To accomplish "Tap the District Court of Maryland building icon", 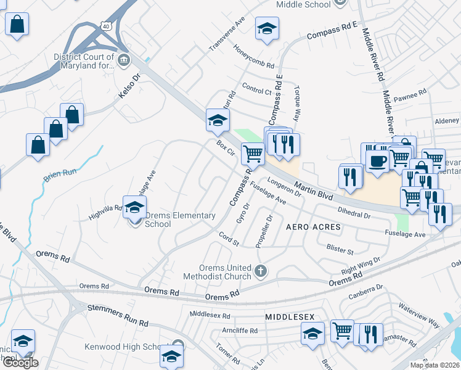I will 124,60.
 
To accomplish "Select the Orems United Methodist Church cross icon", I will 261,270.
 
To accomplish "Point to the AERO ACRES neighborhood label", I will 313,227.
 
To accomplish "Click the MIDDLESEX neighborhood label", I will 290,316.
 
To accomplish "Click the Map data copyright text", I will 434,365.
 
